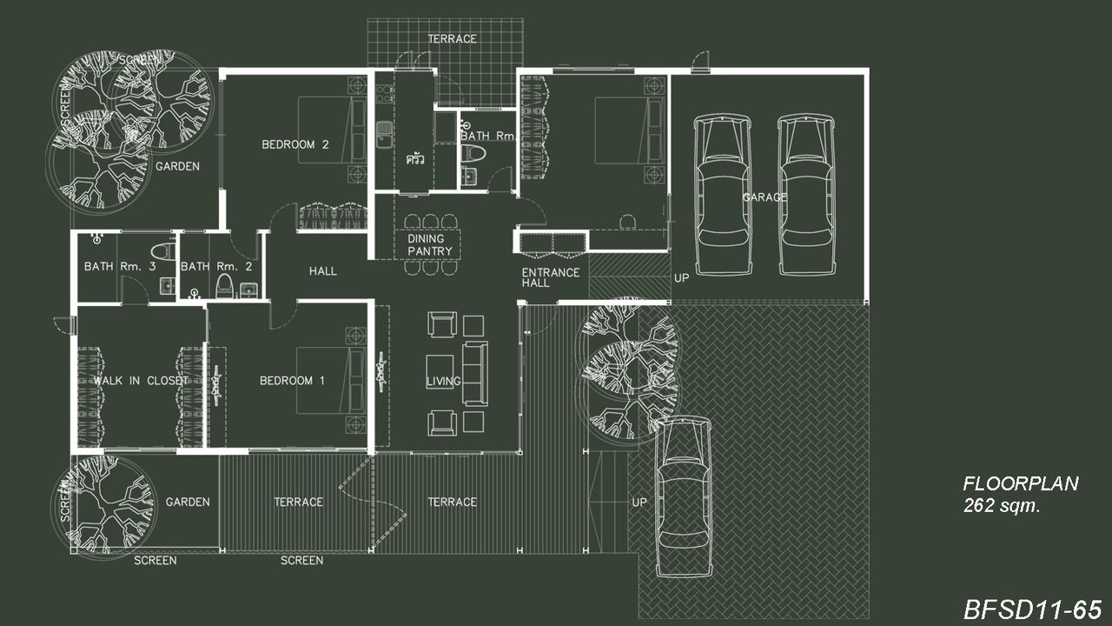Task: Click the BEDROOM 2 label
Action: [x=295, y=144]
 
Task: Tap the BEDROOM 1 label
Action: [x=292, y=381]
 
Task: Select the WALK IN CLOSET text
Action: [x=141, y=381]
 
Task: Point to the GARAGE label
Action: [x=764, y=197]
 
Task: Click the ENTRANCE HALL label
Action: [x=551, y=277]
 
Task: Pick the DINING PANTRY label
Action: [x=429, y=245]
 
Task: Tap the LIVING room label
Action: [x=443, y=381]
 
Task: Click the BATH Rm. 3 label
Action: [x=120, y=266]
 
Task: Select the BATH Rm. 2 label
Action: [x=216, y=266]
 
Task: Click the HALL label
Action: [x=322, y=270]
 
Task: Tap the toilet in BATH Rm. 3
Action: [x=162, y=251]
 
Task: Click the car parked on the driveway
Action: [x=683, y=496]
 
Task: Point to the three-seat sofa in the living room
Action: [x=475, y=373]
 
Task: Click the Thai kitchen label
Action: [x=415, y=159]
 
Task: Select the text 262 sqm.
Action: [x=1002, y=506]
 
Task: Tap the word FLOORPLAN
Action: [x=1021, y=483]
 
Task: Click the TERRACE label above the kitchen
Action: [x=453, y=39]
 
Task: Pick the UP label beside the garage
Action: [x=682, y=278]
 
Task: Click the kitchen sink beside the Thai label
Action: [x=384, y=135]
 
